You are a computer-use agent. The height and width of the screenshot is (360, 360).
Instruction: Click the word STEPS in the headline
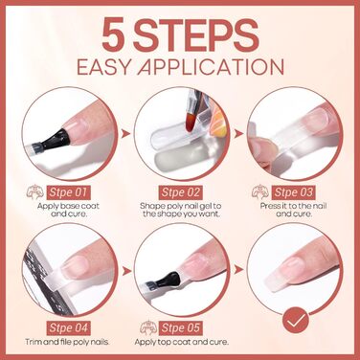[195, 35]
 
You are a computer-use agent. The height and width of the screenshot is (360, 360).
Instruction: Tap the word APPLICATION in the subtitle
[211, 67]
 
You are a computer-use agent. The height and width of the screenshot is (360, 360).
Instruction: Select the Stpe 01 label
[68, 192]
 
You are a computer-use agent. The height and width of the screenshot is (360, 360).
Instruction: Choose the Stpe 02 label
[181, 192]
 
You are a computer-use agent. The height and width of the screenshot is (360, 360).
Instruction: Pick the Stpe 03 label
[293, 192]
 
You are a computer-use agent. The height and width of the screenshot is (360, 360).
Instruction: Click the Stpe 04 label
[68, 327]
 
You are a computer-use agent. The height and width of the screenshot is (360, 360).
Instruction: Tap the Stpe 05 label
[181, 327]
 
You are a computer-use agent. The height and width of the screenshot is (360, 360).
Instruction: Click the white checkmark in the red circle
[296, 320]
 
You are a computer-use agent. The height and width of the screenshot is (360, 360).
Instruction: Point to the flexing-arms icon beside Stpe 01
[35, 192]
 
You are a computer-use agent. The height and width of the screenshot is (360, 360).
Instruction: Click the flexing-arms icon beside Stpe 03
[260, 192]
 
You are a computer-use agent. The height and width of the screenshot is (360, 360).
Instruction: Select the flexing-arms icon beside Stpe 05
[148, 327]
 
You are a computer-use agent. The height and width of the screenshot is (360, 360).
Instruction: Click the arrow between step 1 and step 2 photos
[126, 134]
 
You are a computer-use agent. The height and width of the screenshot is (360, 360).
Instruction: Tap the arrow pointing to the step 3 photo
[238, 134]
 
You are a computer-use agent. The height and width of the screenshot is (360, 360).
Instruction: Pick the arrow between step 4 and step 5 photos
[126, 271]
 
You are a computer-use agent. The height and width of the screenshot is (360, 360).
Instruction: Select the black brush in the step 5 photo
[166, 280]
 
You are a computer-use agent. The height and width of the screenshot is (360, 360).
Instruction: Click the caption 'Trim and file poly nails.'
[68, 342]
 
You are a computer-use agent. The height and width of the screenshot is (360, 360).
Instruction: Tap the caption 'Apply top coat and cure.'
[182, 343]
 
